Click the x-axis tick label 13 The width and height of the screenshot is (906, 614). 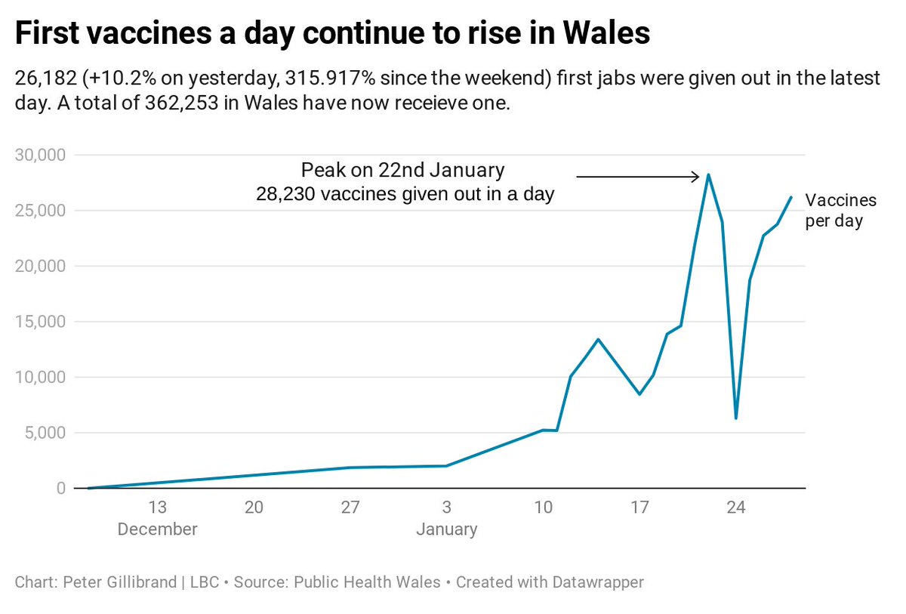coord(157,507)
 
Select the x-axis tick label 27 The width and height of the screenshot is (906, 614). coord(350,507)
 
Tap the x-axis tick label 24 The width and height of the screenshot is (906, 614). coord(736,507)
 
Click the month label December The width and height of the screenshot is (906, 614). coord(157,529)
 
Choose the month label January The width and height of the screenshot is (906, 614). coord(446,529)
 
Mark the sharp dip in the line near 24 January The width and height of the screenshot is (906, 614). coord(735,418)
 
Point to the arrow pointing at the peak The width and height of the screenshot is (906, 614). coord(639,177)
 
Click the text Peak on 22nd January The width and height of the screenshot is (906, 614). coord(402,168)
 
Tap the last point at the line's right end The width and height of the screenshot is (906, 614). coord(790,197)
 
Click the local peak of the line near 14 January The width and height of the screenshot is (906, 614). coord(598,339)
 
